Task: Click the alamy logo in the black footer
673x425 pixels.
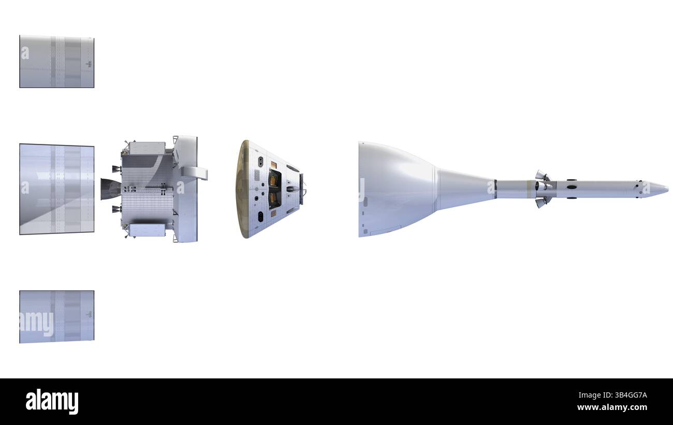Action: pyautogui.click(x=52, y=401)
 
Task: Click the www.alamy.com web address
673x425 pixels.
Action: pyautogui.click(x=612, y=407)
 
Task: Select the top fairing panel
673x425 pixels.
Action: pyautogui.click(x=57, y=62)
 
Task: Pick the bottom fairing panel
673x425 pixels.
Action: pyautogui.click(x=57, y=317)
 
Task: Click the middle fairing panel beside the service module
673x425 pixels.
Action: pyautogui.click(x=57, y=189)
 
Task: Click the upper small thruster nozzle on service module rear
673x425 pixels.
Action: pyautogui.click(x=116, y=169)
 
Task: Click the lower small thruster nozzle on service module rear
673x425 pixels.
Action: pyautogui.click(x=116, y=209)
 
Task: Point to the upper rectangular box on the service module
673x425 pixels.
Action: pyautogui.click(x=147, y=149)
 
